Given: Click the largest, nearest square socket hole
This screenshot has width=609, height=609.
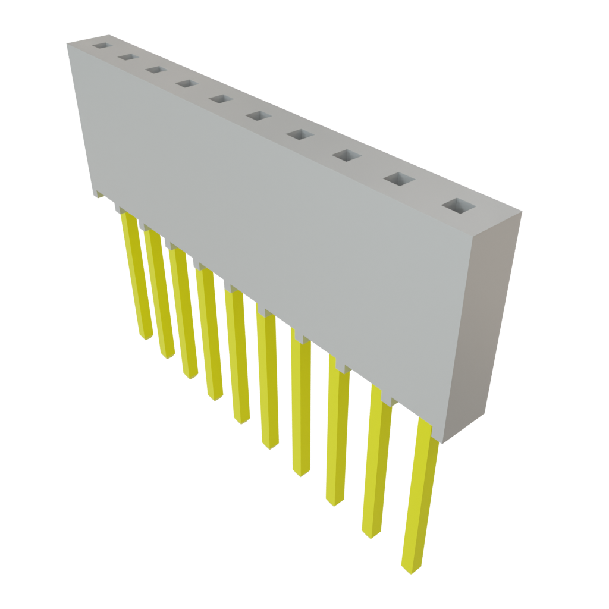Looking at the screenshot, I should pos(459,206).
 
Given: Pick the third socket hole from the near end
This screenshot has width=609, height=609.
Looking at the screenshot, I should pos(347,156).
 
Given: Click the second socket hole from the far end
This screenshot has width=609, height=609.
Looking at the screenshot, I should pos(127,57).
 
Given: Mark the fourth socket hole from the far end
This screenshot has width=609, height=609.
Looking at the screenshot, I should pos(186,84).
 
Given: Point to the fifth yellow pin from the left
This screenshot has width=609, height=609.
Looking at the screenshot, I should pos(238,357).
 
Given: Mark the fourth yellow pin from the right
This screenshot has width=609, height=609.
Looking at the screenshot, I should pos(302,404).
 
